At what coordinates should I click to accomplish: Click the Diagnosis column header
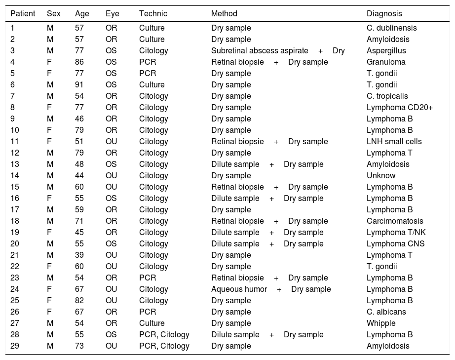point(384,14)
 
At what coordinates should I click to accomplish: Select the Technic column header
point(153,14)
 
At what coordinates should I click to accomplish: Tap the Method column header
point(224,14)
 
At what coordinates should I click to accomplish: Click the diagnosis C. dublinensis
point(391,28)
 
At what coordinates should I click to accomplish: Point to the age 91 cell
point(79,85)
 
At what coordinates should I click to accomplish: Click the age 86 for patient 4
point(79,62)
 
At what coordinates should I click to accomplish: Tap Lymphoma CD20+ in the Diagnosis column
point(399,108)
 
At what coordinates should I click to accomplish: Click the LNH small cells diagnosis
point(394,142)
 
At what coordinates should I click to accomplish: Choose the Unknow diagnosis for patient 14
point(381,176)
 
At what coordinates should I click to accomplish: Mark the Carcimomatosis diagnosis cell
point(395,221)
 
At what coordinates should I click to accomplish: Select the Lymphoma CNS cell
point(395,244)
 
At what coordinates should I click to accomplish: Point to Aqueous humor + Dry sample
point(271,289)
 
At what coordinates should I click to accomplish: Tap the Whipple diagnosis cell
point(381,323)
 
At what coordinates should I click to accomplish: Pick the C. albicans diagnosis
point(386,312)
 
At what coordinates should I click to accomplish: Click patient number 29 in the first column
point(15,346)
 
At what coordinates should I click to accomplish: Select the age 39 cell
point(79,255)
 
